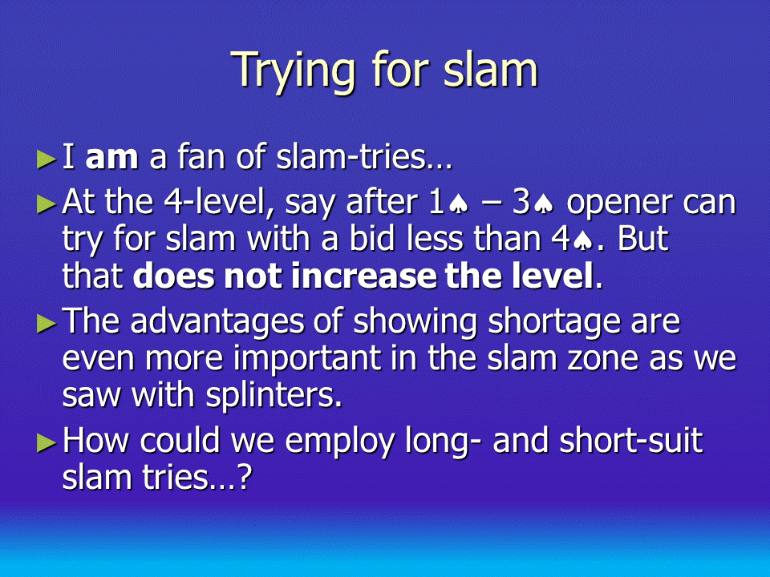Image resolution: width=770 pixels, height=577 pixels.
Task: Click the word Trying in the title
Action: point(293,71)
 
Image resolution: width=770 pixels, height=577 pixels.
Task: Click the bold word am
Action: point(111,159)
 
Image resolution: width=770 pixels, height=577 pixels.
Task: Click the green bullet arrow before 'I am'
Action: point(47,159)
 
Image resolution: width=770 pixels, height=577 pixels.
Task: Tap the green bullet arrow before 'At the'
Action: point(47,204)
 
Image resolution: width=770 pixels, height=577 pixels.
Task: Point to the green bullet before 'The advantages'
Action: point(47,323)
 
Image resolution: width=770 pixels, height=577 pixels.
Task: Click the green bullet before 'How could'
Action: point(47,443)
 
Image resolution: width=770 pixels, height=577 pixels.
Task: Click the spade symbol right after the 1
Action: point(459,204)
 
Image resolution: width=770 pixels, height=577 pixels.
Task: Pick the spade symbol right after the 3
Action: point(544,204)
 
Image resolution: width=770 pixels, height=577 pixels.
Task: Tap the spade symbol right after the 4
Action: point(582,240)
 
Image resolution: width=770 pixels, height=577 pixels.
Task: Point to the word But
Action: point(642,239)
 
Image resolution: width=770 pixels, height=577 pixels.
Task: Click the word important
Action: point(307,359)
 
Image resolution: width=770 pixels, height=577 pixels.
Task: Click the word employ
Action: point(340,443)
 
